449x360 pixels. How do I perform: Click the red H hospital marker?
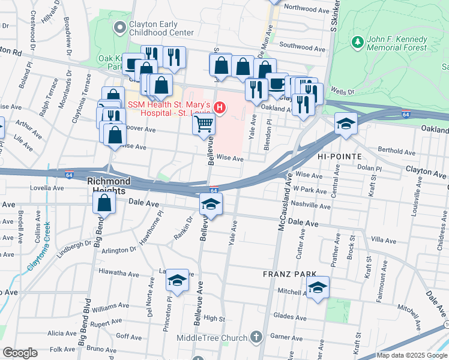tap(220, 109)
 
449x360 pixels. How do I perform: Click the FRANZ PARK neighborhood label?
tap(289, 274)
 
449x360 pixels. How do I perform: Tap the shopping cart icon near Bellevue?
tap(203, 124)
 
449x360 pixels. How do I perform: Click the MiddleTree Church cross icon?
tap(256, 337)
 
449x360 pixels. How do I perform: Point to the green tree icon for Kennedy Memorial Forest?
tap(358, 42)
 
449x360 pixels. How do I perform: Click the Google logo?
tap(20, 353)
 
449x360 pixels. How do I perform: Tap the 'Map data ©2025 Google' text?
tap(411, 355)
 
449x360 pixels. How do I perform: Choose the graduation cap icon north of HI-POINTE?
tap(346, 124)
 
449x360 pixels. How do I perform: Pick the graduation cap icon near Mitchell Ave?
tap(318, 287)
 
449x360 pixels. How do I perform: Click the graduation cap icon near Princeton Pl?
tap(176, 279)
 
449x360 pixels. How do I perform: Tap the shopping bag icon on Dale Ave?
tap(104, 202)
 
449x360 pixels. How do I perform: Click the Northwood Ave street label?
tap(307, 10)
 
